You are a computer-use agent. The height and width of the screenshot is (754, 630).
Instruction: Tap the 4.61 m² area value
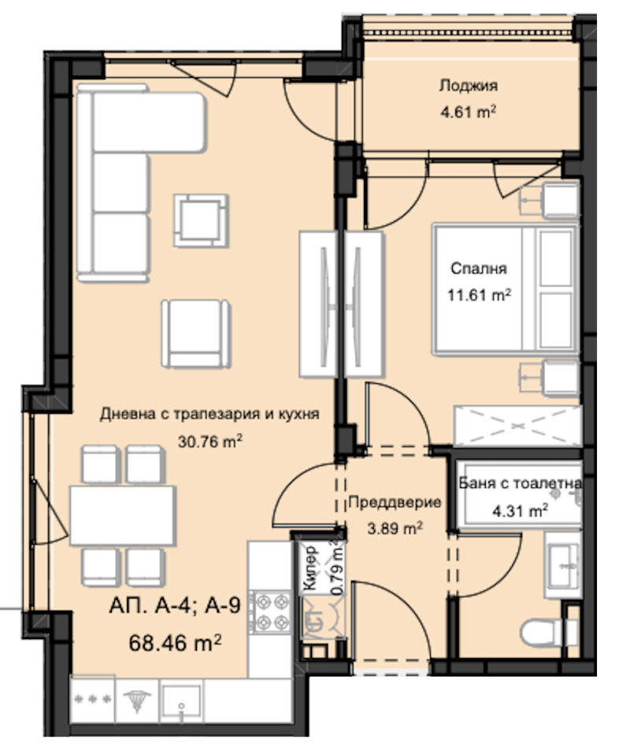pos(468,112)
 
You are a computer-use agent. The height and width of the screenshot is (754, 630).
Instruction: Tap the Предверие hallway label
pos(394,501)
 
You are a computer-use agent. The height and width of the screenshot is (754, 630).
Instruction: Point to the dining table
pos(122,515)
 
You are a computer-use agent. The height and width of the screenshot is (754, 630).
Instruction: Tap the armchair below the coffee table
pos(197,332)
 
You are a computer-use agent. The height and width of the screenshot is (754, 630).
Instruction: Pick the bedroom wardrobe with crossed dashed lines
pos(517,427)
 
